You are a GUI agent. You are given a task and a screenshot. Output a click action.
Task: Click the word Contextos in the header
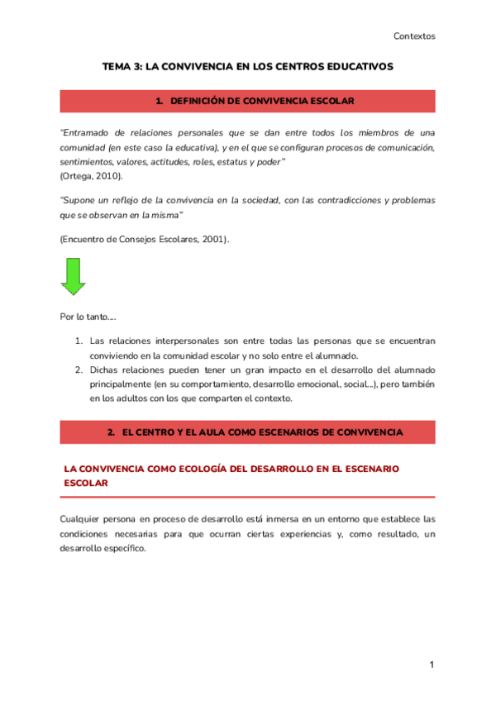[414, 36]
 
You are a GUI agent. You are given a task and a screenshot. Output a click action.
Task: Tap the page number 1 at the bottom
[432, 665]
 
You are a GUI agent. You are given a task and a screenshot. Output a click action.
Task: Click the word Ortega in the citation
[78, 176]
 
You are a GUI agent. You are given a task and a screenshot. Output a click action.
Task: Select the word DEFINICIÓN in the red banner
[198, 101]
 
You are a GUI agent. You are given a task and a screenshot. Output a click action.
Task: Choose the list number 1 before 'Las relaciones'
[79, 341]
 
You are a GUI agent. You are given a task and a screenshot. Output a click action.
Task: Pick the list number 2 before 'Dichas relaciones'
[79, 370]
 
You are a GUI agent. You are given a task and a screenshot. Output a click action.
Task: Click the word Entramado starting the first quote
[89, 132]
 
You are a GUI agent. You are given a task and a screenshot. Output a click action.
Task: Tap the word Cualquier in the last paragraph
[81, 519]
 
